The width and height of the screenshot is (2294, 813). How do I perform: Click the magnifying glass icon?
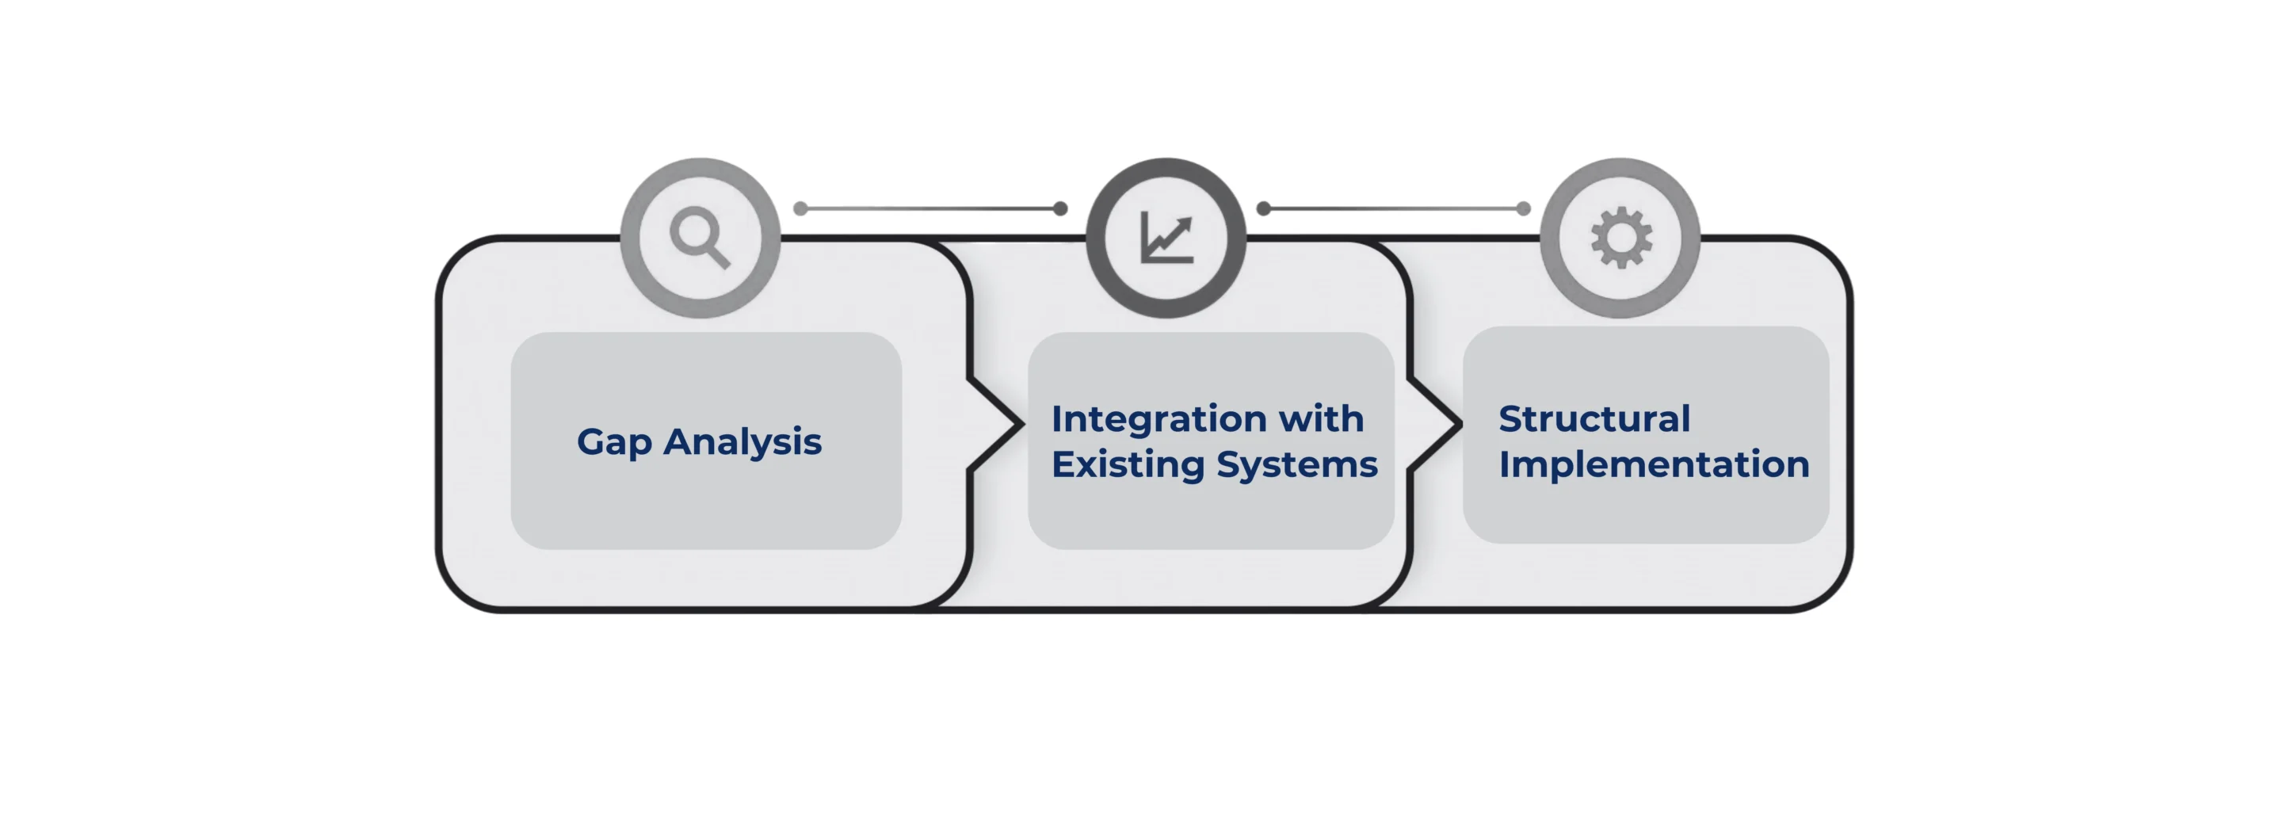click(699, 237)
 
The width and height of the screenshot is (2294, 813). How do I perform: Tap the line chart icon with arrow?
click(1166, 239)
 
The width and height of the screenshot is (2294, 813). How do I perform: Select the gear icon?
click(1620, 238)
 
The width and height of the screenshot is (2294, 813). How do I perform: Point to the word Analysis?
click(742, 441)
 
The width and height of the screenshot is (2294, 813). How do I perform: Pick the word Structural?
click(1594, 419)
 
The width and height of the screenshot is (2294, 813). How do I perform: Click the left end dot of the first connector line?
click(800, 208)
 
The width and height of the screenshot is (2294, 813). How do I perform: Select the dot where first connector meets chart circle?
click(1059, 208)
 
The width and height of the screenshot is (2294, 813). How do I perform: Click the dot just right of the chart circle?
click(1263, 208)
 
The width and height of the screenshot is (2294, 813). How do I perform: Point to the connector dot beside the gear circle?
click(1523, 208)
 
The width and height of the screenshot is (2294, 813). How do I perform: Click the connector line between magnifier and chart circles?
click(930, 208)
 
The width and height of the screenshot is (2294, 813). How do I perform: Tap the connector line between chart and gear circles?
click(1394, 208)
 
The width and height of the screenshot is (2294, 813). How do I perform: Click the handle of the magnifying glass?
click(719, 257)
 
